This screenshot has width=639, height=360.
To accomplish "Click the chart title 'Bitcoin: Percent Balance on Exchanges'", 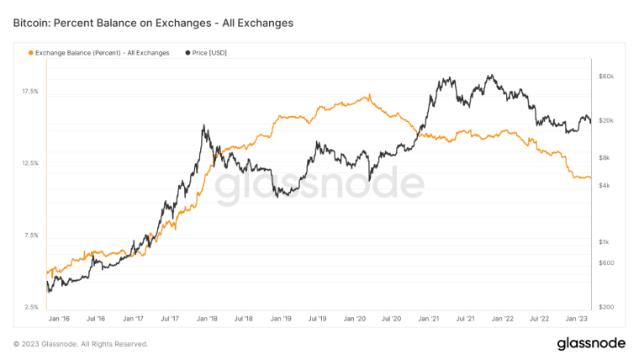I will coord(153,24).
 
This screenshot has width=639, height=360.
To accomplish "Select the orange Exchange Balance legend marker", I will coord(31,52).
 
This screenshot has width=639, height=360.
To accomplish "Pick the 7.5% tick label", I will coord(29,235).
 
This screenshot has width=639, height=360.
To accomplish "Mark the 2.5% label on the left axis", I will coord(29,307).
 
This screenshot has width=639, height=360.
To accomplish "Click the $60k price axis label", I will coord(606,77).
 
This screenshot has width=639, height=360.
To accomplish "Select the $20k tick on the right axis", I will coord(606,120).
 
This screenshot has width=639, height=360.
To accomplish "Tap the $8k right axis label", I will coord(605,157).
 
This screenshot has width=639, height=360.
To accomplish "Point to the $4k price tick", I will coord(605,185).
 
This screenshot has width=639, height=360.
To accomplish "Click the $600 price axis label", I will coord(606,262).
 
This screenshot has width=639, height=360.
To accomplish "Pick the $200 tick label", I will coord(606,307).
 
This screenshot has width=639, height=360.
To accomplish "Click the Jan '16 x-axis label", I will coord(59,319).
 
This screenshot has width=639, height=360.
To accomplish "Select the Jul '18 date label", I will coord(245,319).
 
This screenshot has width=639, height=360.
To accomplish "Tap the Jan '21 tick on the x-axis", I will coord(430,319).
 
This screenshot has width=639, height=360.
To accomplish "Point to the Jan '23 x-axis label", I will coord(577,319).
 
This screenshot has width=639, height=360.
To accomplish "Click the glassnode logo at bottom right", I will coord(591,343).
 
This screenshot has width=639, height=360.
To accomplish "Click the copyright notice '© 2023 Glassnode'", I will coord(81,344).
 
